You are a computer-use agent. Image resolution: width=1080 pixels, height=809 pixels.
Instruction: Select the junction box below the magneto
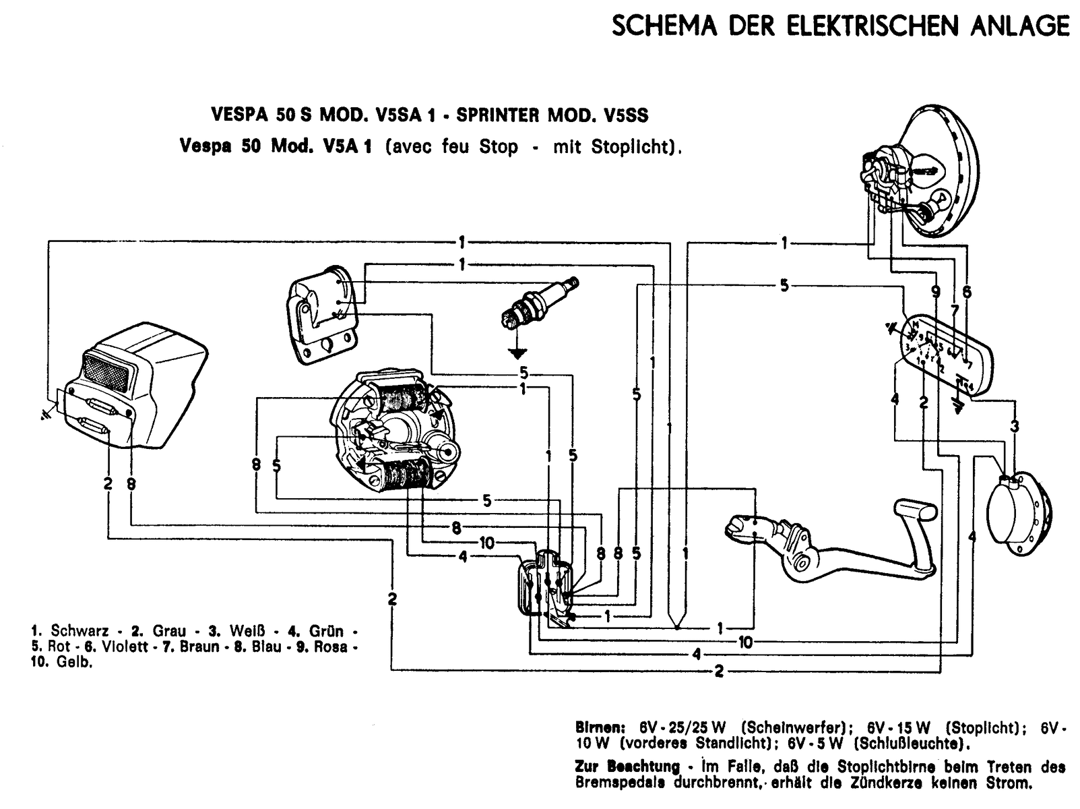(x=546, y=586)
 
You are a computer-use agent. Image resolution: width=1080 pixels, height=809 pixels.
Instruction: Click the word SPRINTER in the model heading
(x=499, y=116)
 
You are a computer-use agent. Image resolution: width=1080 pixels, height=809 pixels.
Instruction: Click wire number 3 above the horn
(x=1014, y=426)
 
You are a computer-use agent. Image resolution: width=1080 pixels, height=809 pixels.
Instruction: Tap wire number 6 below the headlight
(x=967, y=292)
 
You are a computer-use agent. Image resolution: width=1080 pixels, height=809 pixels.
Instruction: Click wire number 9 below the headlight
(x=935, y=292)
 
